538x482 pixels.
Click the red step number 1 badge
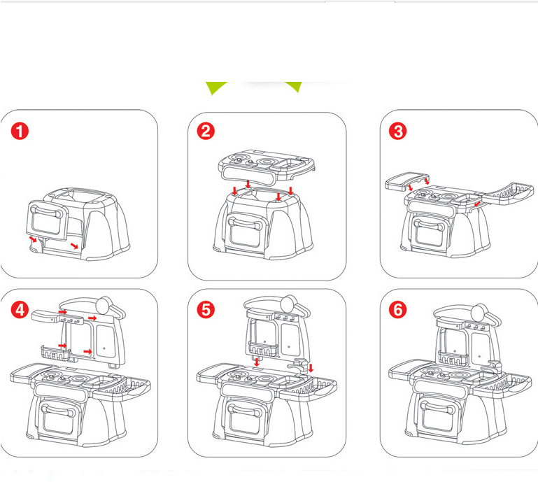(20, 131)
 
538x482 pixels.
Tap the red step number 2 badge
(206, 131)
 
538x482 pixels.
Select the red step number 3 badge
(397, 131)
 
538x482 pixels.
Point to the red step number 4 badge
(20, 309)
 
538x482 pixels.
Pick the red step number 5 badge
(206, 309)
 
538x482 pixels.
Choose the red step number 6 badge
(397, 309)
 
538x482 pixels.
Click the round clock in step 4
(105, 305)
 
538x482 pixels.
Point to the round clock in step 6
(480, 313)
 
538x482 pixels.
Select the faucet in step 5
(298, 366)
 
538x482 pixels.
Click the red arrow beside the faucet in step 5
(311, 368)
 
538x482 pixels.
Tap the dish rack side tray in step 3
(508, 194)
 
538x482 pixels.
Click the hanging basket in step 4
(55, 353)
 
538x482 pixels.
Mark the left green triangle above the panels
(215, 87)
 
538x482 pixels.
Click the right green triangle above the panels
(295, 86)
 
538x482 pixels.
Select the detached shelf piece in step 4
(45, 316)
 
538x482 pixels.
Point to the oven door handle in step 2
(245, 223)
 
